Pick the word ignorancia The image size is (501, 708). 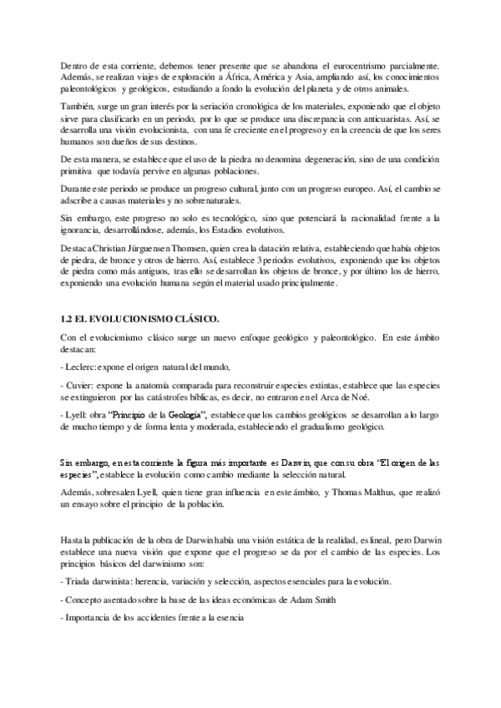[x=85, y=229]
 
